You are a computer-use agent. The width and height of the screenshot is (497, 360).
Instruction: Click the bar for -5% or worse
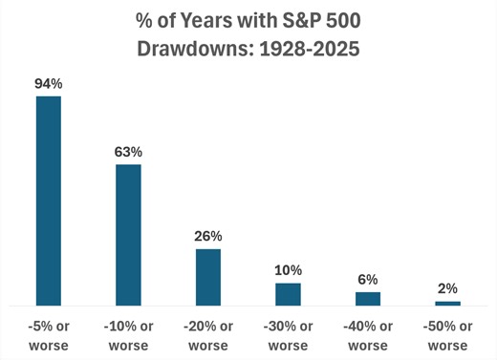click(49, 201)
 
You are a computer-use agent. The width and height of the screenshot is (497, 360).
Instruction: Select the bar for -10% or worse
click(128, 235)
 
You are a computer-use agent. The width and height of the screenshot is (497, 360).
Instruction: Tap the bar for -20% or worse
click(208, 277)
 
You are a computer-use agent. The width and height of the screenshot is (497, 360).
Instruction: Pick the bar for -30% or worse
click(288, 294)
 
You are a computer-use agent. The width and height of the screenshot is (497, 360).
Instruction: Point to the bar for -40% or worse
click(368, 299)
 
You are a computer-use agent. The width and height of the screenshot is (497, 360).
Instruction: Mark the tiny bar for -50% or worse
click(447, 303)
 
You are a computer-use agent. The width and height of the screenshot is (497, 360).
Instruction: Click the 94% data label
click(49, 84)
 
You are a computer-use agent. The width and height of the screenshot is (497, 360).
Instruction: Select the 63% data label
click(128, 152)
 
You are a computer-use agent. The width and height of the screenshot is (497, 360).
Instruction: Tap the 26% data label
click(208, 236)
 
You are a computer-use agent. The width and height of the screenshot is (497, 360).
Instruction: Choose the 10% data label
click(288, 270)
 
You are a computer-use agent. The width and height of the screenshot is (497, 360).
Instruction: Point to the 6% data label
click(368, 279)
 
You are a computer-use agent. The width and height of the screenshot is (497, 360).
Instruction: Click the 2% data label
click(447, 287)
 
